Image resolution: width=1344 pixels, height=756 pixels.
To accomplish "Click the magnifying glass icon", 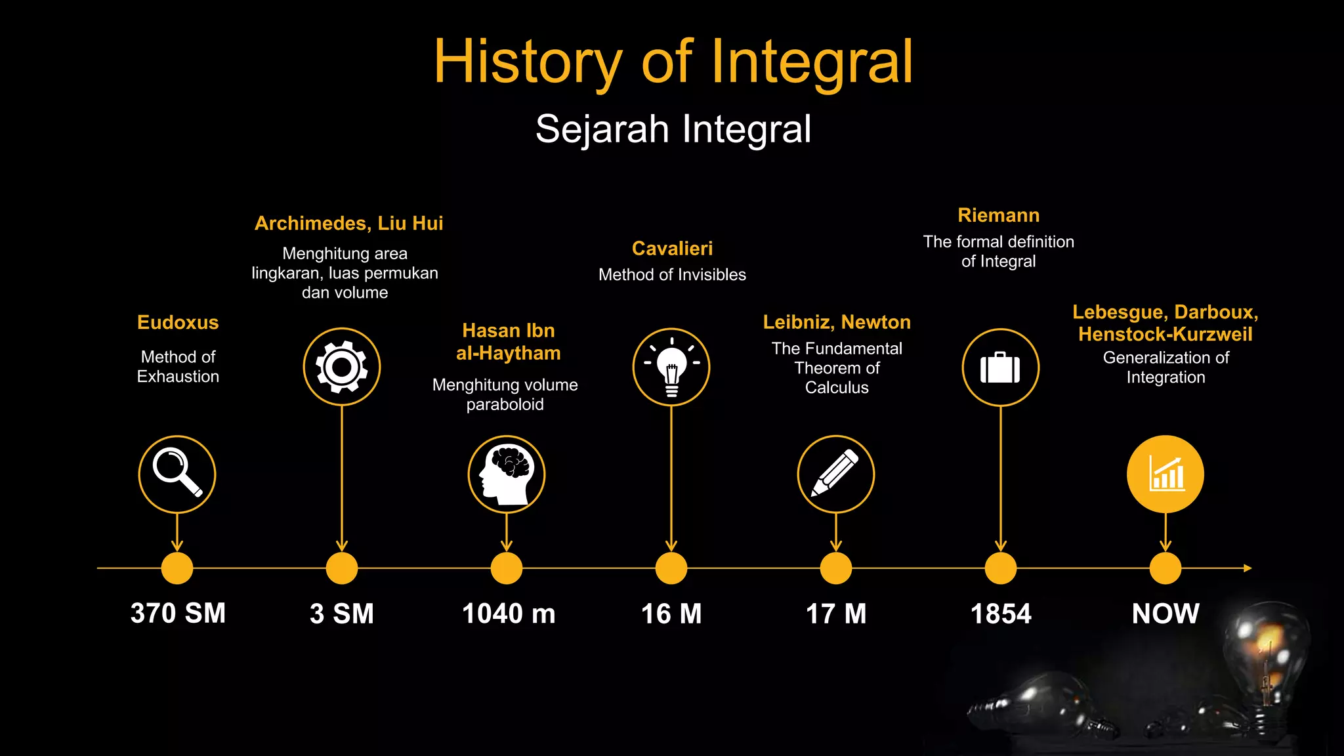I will pyautogui.click(x=177, y=474).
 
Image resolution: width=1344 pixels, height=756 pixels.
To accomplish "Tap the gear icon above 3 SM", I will pyautogui.click(x=341, y=367).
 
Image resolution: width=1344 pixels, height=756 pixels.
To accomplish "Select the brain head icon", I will pyautogui.click(x=506, y=474).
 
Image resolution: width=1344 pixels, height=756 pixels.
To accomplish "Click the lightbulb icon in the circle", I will pyautogui.click(x=671, y=367).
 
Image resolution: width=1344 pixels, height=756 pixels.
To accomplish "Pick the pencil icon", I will pyautogui.click(x=835, y=474).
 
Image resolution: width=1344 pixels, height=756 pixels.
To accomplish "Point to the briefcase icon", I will pyautogui.click(x=1000, y=367).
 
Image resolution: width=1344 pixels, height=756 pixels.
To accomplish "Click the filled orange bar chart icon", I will pyautogui.click(x=1165, y=474).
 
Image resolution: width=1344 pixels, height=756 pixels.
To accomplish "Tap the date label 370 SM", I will pyautogui.click(x=178, y=614).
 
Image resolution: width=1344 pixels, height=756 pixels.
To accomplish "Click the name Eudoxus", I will pyautogui.click(x=178, y=323).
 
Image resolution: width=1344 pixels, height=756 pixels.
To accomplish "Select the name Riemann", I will pyautogui.click(x=998, y=215).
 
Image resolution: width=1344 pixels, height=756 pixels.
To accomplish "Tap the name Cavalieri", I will pyautogui.click(x=672, y=249).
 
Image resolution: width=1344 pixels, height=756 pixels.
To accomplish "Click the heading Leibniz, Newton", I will pyautogui.click(x=837, y=322).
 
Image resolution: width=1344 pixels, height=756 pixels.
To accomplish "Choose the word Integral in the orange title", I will pyautogui.click(x=812, y=62).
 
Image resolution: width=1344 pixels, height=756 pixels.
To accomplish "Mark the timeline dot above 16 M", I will pyautogui.click(x=671, y=568).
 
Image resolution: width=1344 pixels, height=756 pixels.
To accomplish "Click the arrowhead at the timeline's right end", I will pyautogui.click(x=1248, y=568).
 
